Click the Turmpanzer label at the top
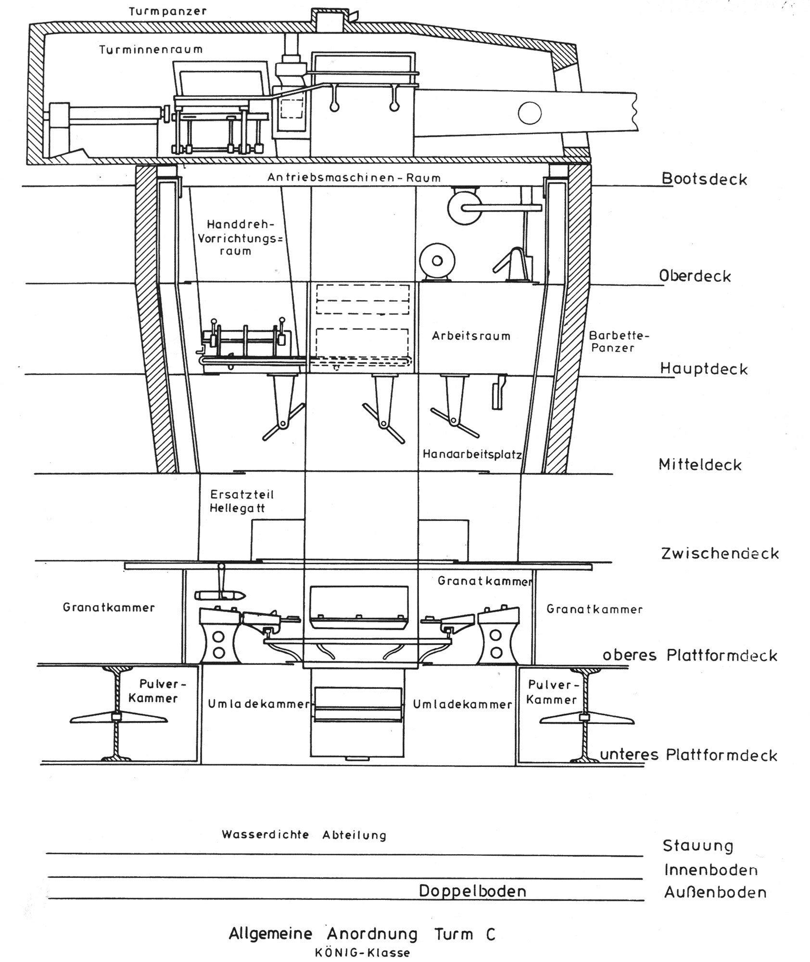168,11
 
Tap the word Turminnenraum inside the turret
151,50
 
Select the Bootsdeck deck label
704,179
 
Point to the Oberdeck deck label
695,276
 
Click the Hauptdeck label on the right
704,369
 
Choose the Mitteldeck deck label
700,465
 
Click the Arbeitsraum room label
471,336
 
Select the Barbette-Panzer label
619,341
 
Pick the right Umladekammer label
462,704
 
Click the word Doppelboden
472,891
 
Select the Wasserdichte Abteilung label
304,835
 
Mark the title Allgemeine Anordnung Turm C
362,934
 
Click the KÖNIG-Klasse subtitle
362,952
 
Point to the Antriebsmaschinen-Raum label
354,177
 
